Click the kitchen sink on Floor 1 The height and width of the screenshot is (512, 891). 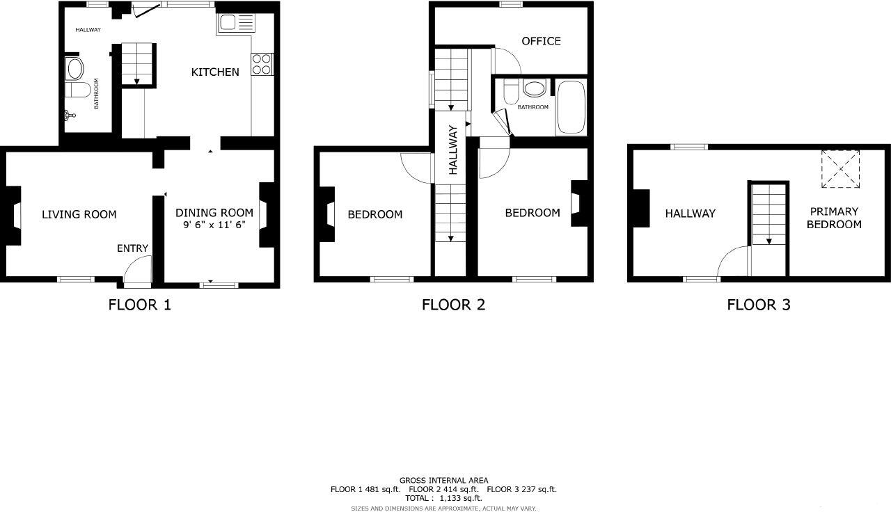click(237, 24)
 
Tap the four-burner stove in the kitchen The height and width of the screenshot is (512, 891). click(262, 64)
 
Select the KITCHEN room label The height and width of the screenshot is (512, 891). click(215, 72)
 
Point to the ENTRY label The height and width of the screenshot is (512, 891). click(132, 248)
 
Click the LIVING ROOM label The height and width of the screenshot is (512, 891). click(79, 214)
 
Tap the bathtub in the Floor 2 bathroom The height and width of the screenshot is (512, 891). click(571, 108)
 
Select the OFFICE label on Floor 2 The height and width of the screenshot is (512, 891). click(541, 41)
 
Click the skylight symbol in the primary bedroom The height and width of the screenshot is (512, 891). click(840, 168)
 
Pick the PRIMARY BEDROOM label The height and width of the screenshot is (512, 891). click(834, 218)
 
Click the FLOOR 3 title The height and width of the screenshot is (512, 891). click(758, 305)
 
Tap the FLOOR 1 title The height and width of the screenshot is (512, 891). click(139, 305)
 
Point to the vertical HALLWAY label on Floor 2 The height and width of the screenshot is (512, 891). click(453, 149)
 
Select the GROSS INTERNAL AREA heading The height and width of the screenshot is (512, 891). click(443, 480)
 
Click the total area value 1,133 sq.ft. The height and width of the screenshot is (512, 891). click(460, 498)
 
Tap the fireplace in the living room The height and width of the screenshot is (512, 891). click(12, 216)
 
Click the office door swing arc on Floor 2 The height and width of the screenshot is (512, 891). click(507, 61)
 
